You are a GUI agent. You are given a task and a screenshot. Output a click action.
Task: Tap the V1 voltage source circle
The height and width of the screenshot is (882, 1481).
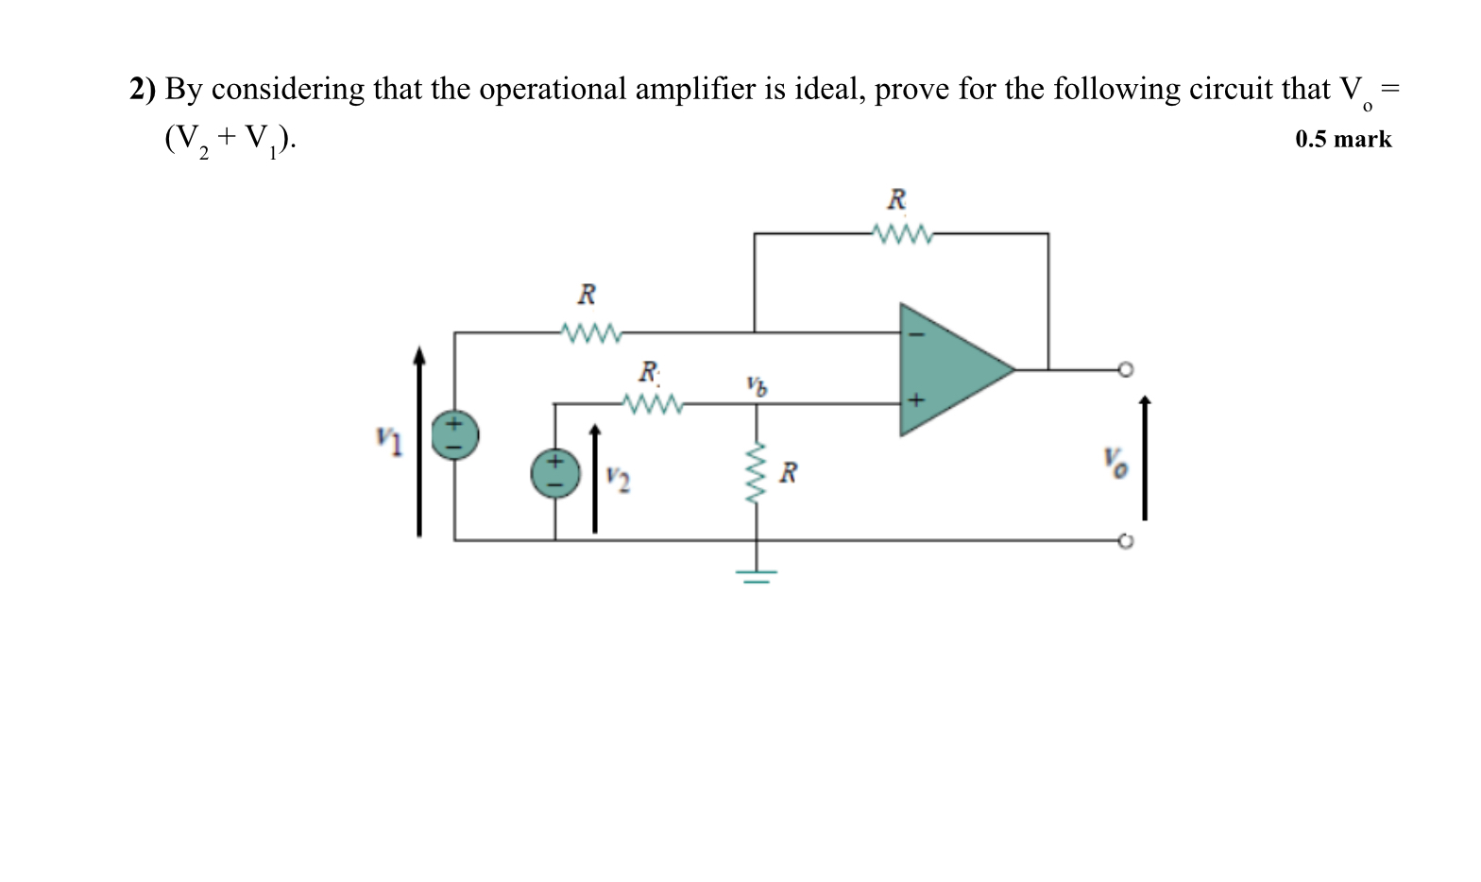(455, 435)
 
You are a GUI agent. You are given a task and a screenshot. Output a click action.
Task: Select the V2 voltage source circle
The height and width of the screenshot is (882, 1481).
(555, 473)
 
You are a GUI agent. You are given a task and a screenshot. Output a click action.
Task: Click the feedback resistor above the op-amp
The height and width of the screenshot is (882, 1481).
(902, 233)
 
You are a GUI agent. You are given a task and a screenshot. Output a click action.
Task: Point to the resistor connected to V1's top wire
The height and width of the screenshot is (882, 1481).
(590, 332)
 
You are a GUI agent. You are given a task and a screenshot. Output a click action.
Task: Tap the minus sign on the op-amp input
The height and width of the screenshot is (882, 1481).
(912, 333)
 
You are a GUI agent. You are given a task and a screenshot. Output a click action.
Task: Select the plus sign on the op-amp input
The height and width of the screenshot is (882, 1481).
(913, 401)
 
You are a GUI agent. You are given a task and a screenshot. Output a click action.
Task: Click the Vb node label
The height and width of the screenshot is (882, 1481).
(756, 384)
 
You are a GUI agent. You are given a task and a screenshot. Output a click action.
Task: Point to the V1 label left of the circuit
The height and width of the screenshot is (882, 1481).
(387, 438)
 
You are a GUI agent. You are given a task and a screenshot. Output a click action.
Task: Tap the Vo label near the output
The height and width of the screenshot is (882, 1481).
(1115, 463)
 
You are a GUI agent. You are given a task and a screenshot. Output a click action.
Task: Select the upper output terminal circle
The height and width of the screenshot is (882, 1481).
(1124, 369)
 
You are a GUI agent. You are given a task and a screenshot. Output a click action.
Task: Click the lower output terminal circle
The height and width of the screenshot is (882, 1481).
(1124, 541)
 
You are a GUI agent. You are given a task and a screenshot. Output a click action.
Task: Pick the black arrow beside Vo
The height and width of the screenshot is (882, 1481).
(1145, 458)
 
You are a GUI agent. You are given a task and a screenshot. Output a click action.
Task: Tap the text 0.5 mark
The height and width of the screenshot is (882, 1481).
(1342, 140)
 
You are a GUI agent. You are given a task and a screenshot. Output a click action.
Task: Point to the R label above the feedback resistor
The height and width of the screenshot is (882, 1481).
(896, 200)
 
